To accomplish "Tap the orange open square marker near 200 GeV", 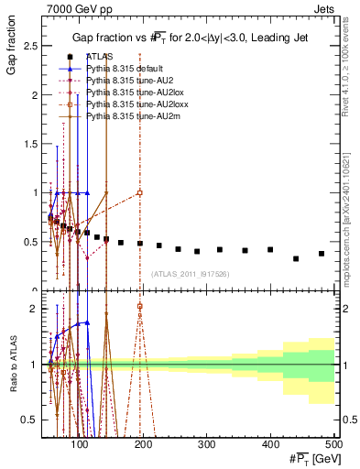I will coord(139,192).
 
